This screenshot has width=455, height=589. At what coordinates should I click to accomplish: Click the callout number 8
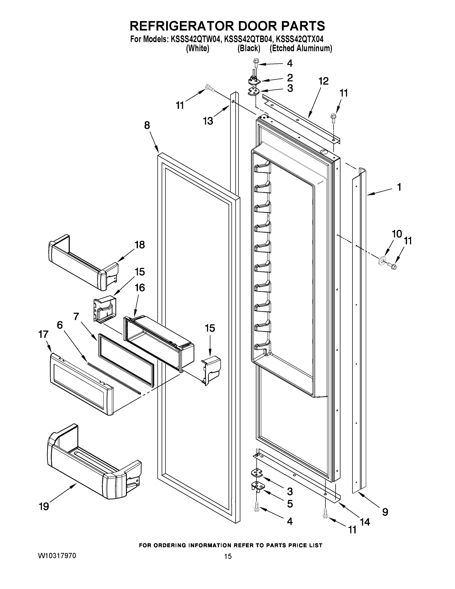click(147, 125)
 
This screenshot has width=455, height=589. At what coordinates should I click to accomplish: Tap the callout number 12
click(324, 81)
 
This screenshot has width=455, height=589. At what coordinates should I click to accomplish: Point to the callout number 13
click(208, 121)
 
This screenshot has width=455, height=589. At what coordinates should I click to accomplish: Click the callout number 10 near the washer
click(397, 234)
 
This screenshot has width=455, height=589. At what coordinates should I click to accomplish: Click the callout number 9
click(385, 512)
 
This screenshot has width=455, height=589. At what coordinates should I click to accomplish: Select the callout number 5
click(290, 504)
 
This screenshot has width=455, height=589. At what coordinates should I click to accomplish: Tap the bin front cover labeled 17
click(81, 383)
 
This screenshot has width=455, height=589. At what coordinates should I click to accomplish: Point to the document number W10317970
click(57, 556)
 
